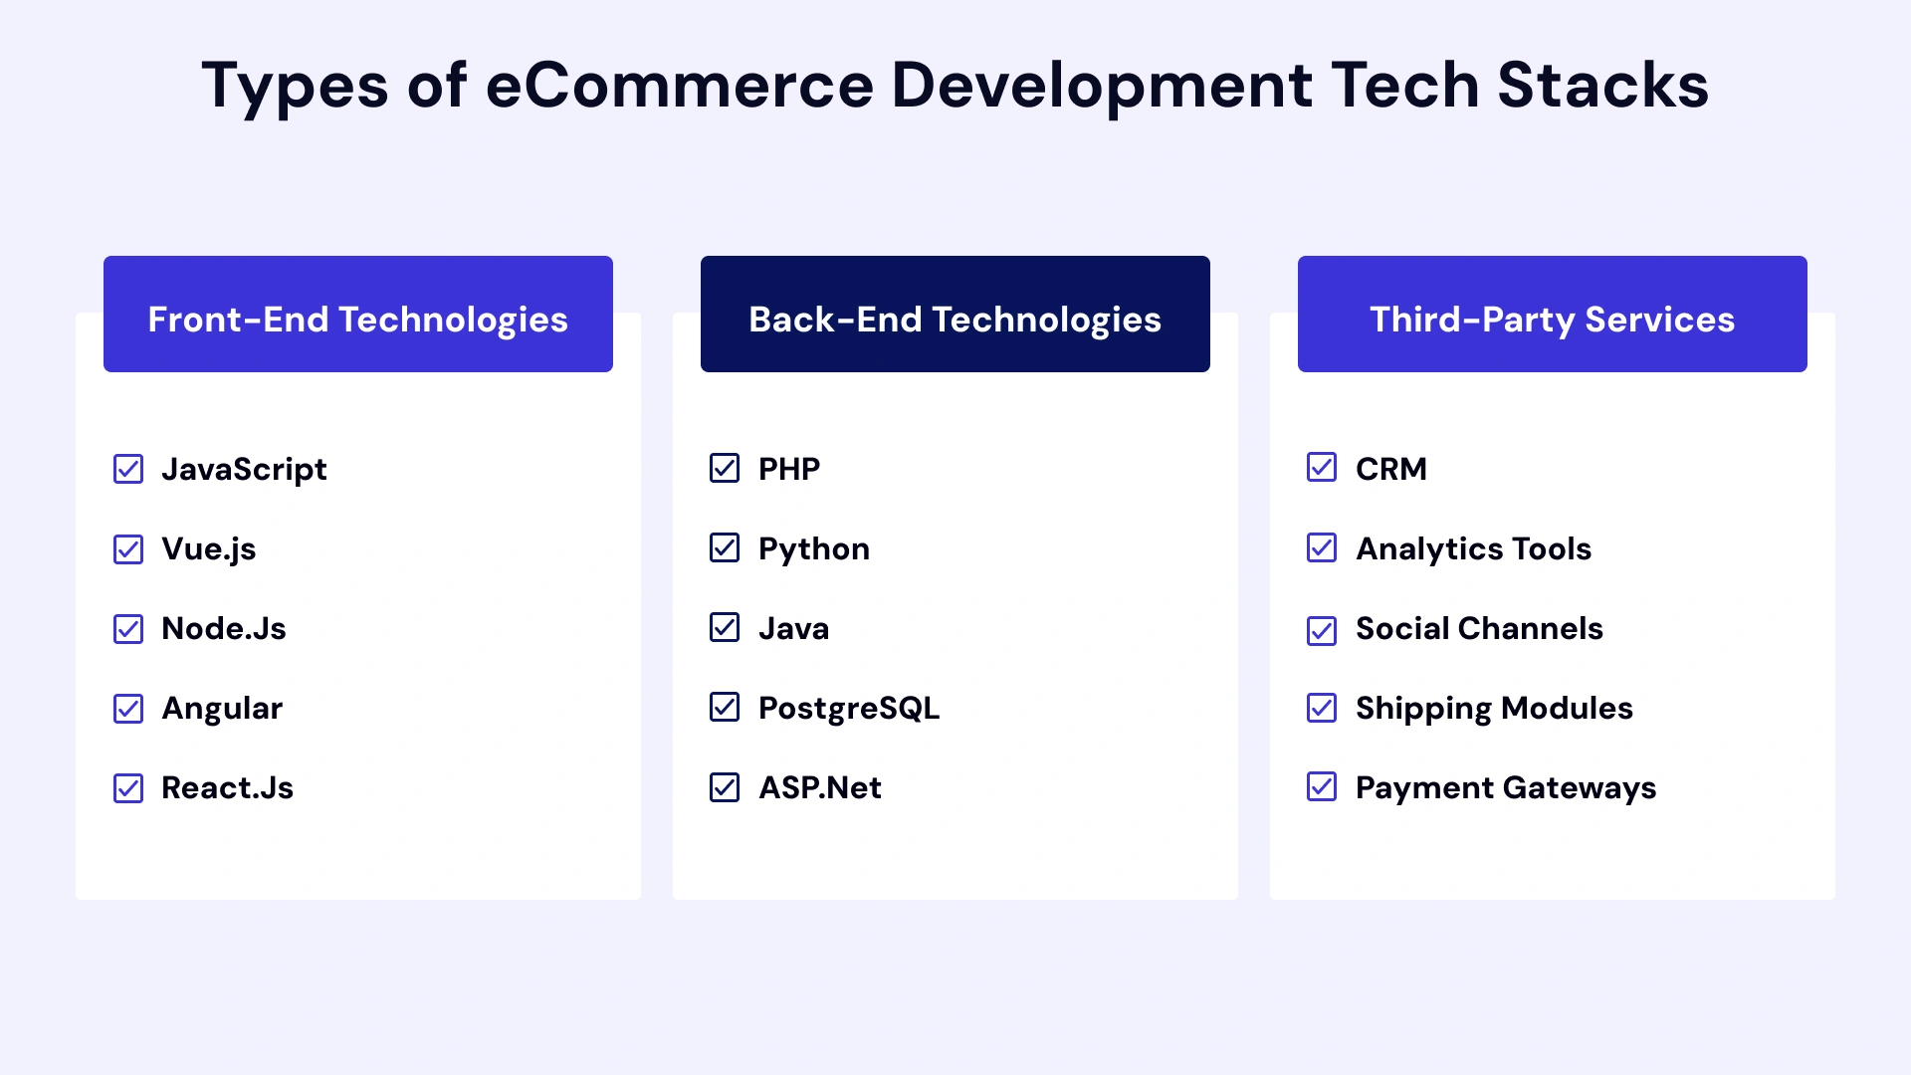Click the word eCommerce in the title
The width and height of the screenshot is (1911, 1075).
point(679,86)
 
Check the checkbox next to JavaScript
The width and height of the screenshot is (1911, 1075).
point(128,469)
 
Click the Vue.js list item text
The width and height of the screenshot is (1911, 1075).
point(209,549)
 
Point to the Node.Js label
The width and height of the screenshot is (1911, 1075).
point(224,629)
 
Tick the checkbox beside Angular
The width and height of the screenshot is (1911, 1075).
point(128,709)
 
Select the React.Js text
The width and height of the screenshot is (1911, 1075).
point(227,788)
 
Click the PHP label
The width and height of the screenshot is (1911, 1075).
point(789,469)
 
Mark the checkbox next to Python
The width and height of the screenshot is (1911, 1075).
point(725,548)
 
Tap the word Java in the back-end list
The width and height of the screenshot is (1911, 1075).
point(793,629)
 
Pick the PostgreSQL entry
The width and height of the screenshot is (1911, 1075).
point(849,709)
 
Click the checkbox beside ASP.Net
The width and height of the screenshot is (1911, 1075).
point(725,787)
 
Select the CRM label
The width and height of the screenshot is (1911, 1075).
point(1391,469)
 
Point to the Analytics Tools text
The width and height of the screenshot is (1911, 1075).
point(1473,549)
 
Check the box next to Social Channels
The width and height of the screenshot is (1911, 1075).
point(1322,630)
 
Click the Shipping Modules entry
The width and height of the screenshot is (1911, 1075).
point(1494,709)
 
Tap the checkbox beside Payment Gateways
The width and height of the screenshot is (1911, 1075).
point(1322,787)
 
